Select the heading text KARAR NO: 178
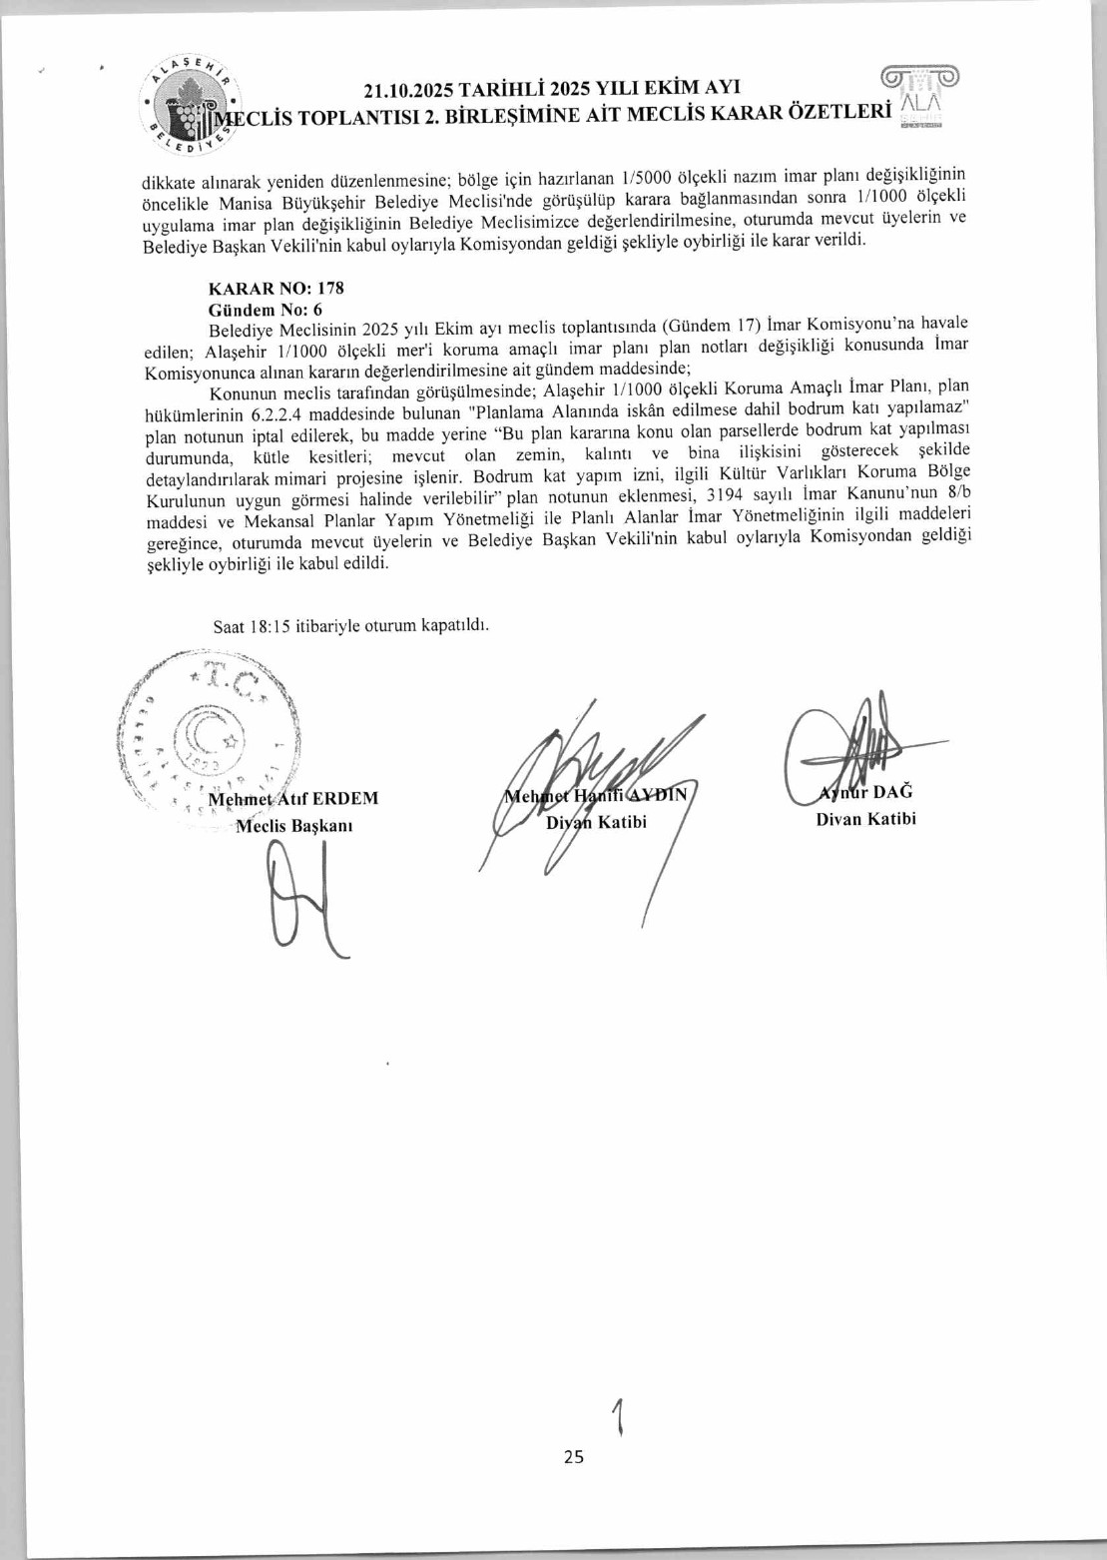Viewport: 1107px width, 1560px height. click(277, 289)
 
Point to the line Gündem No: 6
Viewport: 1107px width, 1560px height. click(265, 310)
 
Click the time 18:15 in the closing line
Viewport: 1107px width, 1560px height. click(270, 627)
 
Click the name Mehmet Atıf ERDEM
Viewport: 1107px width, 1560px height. click(292, 799)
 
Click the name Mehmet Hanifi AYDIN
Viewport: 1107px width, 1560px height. click(596, 796)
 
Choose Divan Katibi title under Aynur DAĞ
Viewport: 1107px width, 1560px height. click(865, 820)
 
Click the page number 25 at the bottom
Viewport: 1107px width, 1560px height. click(573, 1457)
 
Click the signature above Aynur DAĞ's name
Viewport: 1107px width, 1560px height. click(858, 744)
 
